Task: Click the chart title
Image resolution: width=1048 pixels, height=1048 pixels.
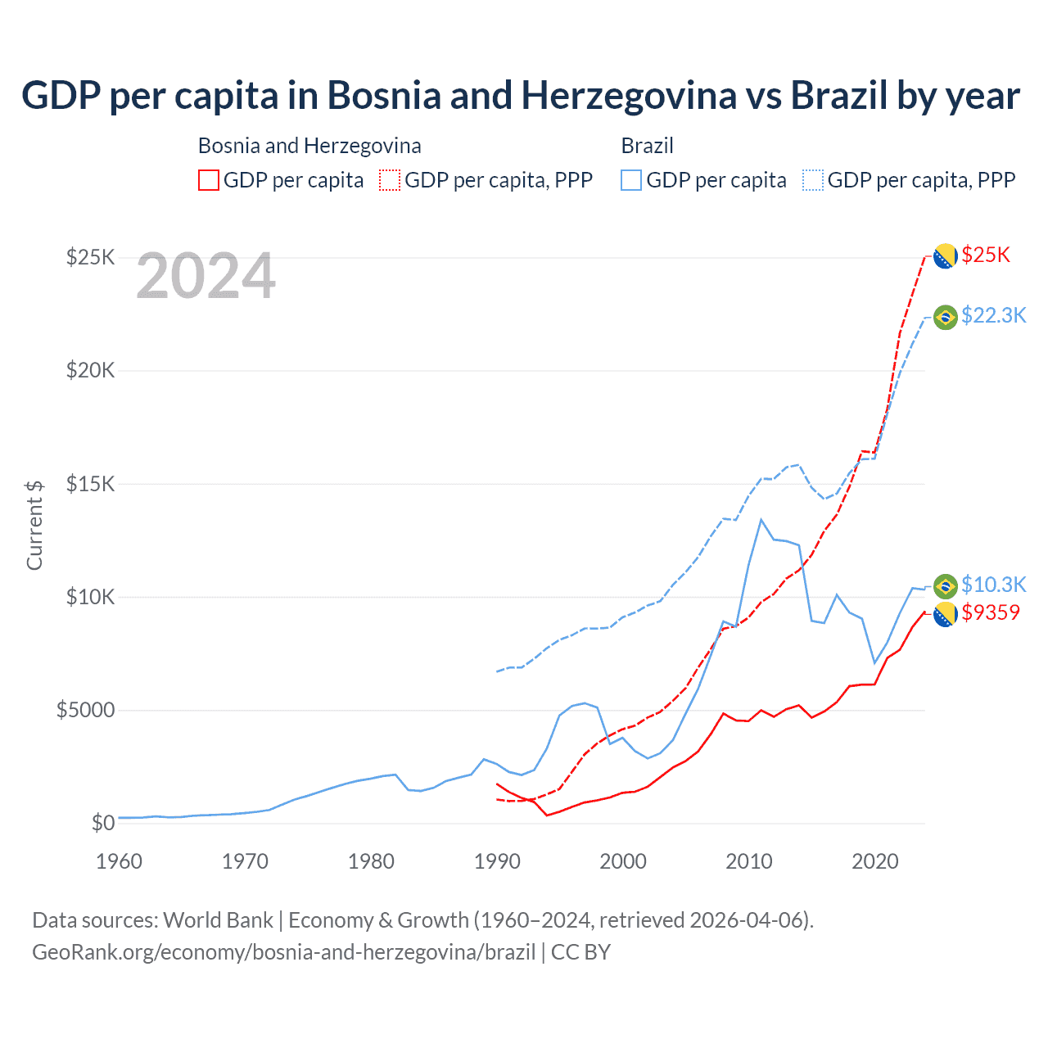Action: point(521,96)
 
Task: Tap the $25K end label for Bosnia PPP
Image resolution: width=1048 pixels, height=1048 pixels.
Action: point(986,255)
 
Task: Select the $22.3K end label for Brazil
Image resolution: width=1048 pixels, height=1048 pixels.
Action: point(993,315)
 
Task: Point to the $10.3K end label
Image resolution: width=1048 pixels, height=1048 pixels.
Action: point(993,585)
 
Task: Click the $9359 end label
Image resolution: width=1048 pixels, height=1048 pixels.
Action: point(991,612)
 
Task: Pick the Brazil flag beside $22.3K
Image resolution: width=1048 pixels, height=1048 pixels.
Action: point(946,317)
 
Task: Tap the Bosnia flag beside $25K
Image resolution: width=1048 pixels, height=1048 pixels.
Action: point(946,256)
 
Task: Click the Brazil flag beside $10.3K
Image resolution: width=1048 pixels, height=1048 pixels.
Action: point(946,586)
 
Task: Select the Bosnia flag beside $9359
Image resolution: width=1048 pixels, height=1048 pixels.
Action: point(946,614)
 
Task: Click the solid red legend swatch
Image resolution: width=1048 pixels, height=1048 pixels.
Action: point(209,180)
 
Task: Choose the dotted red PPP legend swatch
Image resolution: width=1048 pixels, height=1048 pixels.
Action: point(390,180)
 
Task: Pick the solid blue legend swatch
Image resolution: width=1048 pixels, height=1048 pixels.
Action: point(631,180)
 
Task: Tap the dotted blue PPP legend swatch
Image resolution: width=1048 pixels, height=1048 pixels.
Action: point(813,180)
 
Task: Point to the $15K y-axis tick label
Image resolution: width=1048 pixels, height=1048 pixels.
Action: point(91,484)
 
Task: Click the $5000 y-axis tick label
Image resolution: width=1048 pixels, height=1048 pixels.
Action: point(86,710)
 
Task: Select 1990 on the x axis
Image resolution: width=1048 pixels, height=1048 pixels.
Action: point(497,861)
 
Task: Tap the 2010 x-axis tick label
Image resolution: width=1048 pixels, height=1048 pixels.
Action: point(749,861)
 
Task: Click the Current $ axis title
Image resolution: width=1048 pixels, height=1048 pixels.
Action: point(34,525)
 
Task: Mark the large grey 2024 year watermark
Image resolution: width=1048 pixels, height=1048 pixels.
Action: point(206,277)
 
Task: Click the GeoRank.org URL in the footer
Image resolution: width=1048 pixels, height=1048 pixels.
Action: point(283,952)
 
